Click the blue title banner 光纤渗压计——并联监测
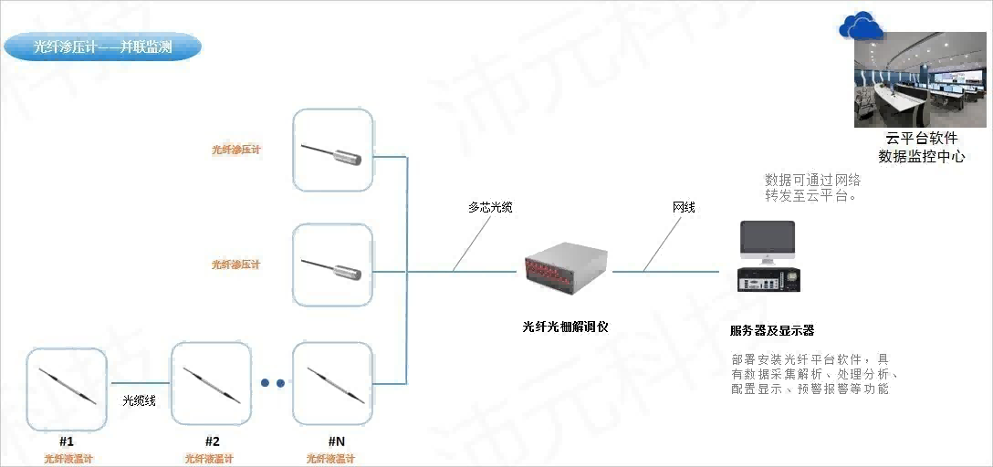click(x=102, y=47)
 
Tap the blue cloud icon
click(x=861, y=27)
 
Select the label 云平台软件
click(x=921, y=139)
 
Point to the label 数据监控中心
click(x=921, y=157)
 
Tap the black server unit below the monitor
click(x=768, y=279)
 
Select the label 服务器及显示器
click(x=772, y=330)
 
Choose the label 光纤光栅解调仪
click(x=565, y=326)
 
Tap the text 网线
click(x=683, y=208)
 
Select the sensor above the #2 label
click(x=211, y=384)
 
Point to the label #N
click(x=336, y=441)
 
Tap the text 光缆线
click(x=139, y=400)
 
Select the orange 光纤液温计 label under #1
click(x=68, y=459)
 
